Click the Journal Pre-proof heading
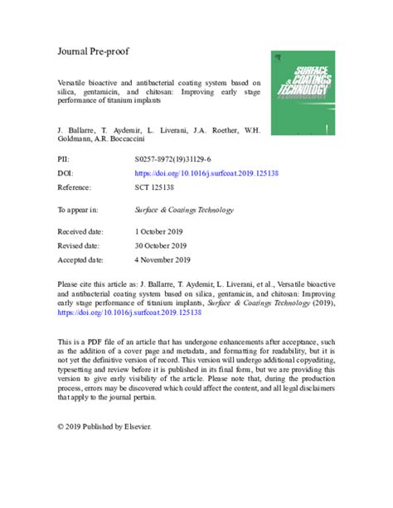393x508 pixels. (x=93, y=51)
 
